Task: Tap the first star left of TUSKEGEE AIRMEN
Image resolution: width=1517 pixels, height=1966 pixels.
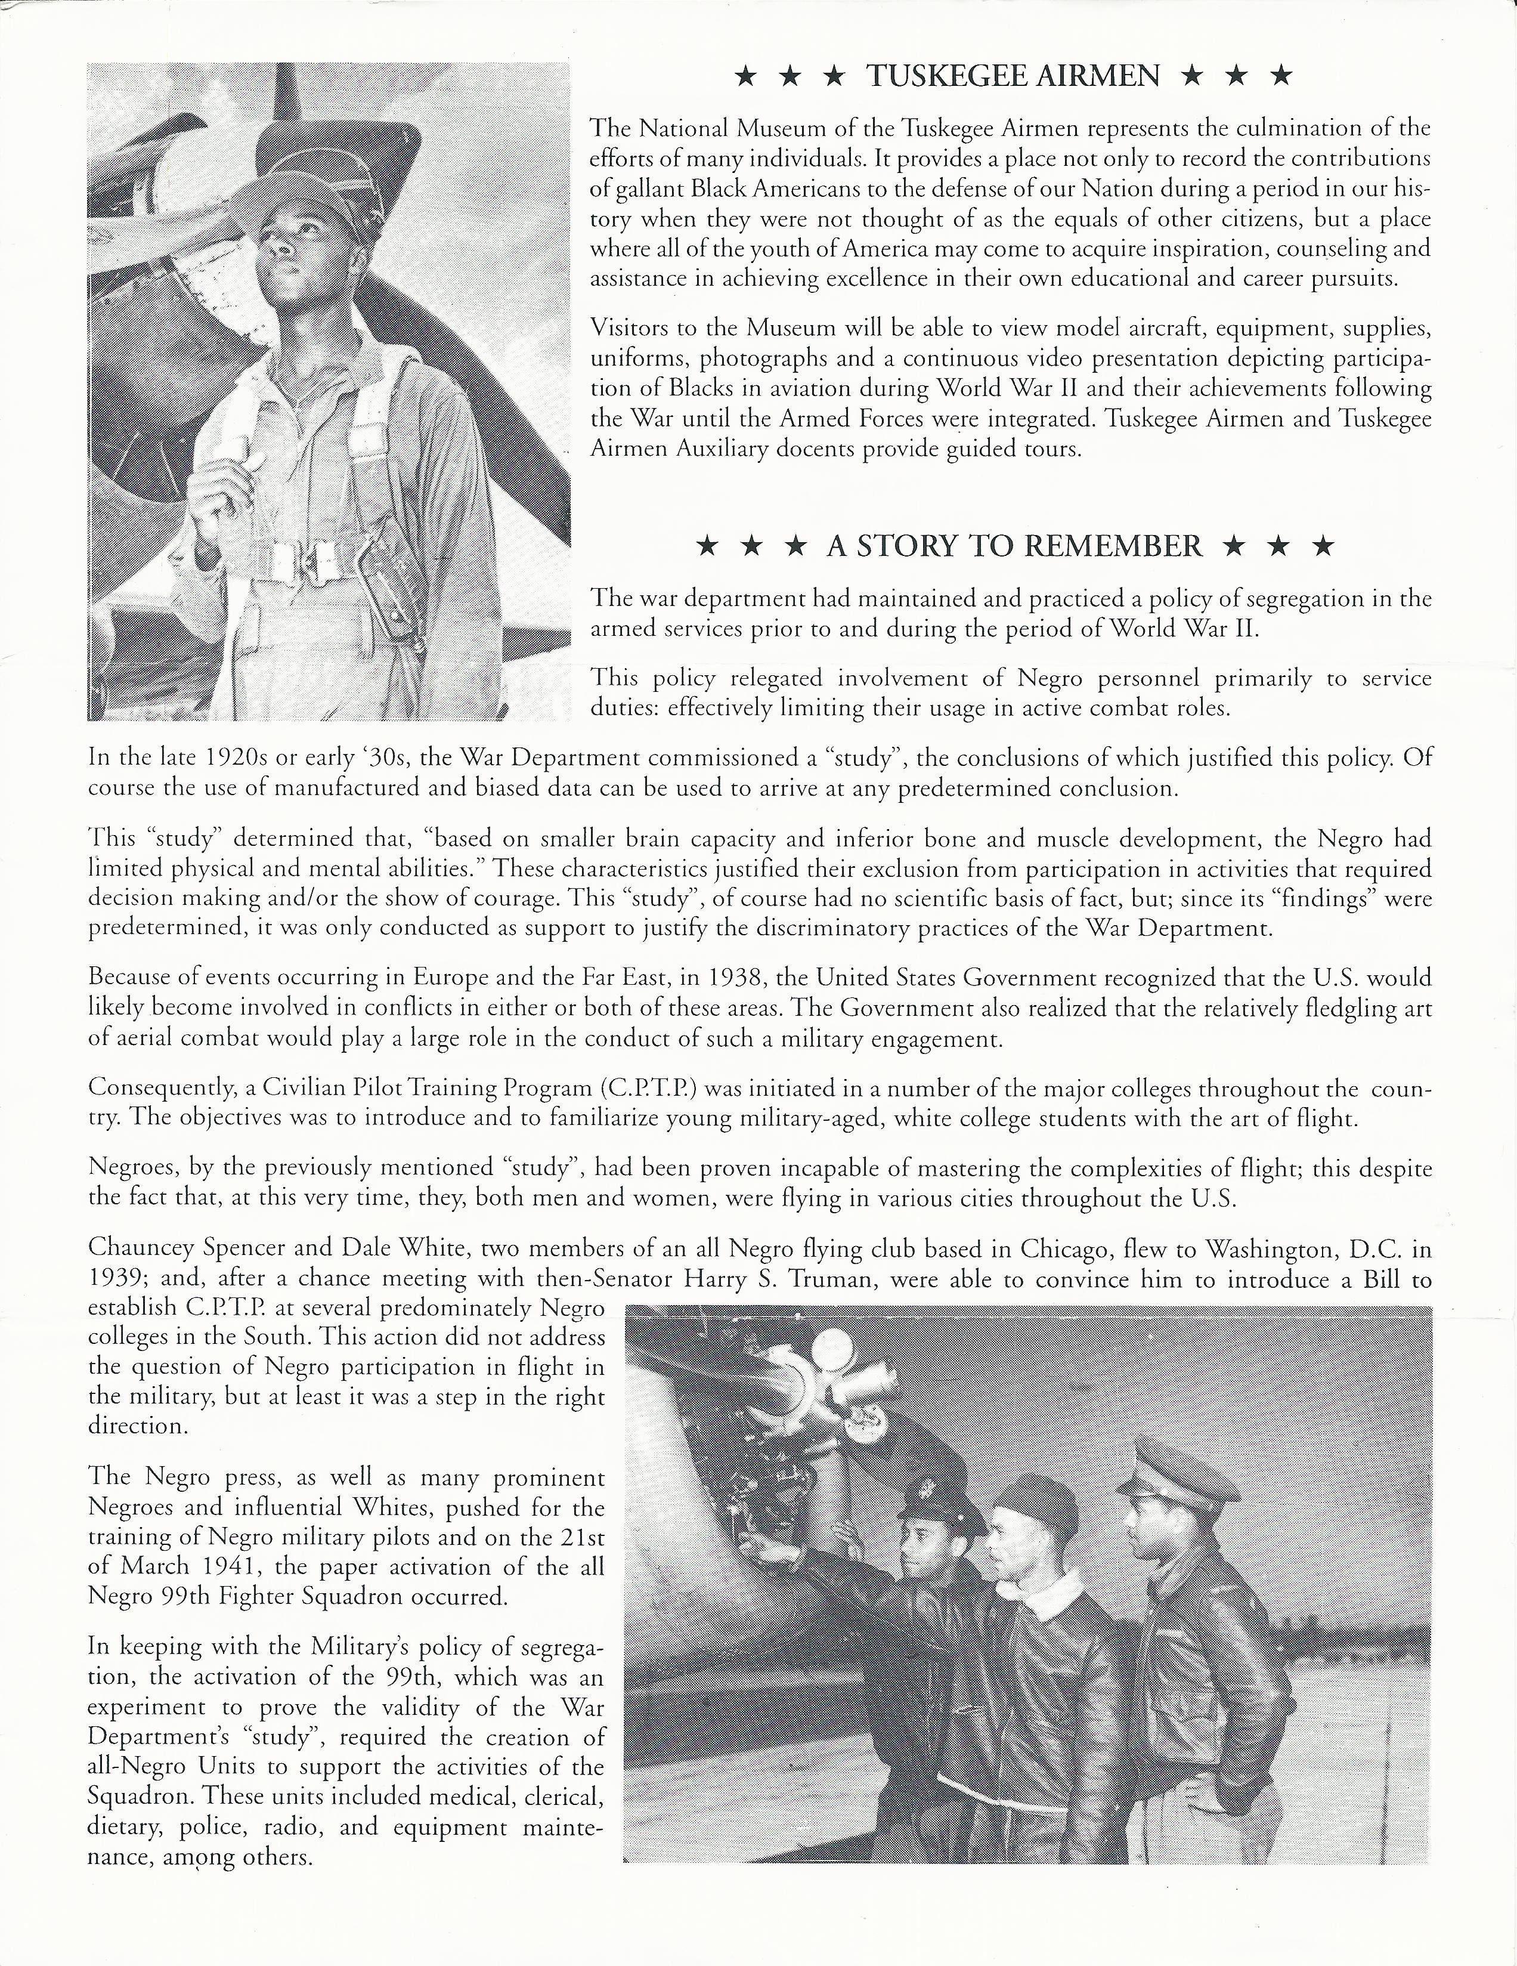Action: click(745, 76)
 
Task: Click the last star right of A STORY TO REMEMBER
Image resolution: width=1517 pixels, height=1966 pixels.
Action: click(1322, 546)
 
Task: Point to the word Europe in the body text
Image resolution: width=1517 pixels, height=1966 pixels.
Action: click(444, 978)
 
